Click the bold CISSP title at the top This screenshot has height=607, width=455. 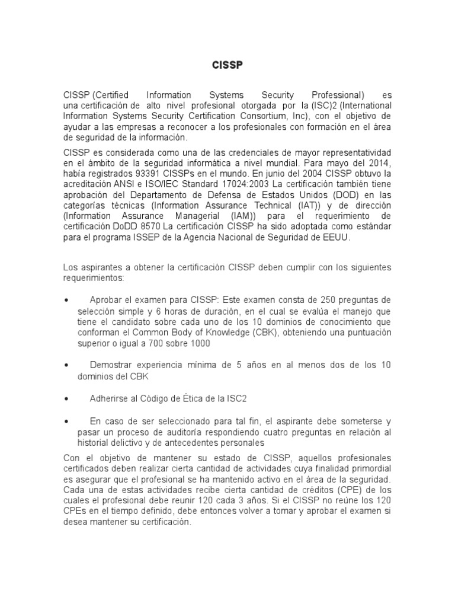[x=227, y=65]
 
